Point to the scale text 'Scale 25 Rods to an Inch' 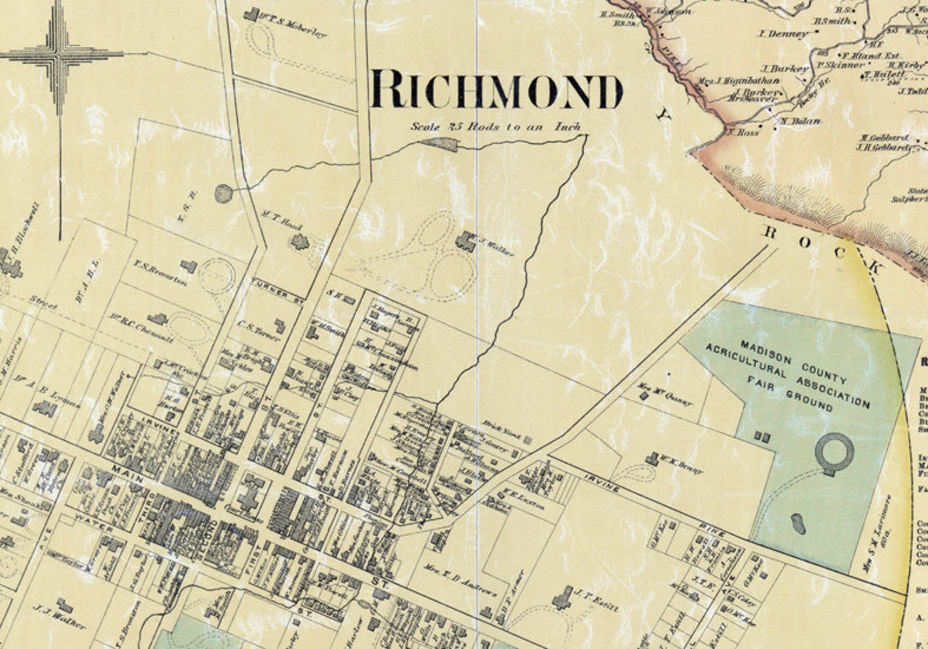tap(496, 126)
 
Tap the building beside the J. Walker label tap(465, 241)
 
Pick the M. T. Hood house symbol tap(300, 241)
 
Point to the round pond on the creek tap(223, 193)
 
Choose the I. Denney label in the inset tap(783, 34)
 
